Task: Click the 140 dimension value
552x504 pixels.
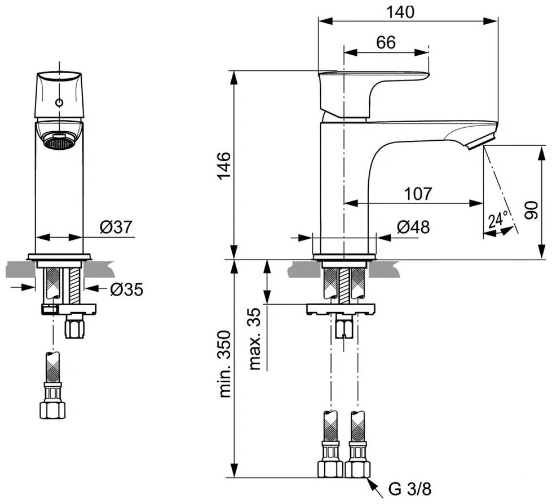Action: point(401,12)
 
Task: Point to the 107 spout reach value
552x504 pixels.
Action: point(418,194)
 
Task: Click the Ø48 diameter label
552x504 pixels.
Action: point(413,228)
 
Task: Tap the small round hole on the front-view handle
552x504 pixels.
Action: point(58,103)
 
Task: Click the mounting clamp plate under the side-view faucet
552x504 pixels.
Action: point(341,309)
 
